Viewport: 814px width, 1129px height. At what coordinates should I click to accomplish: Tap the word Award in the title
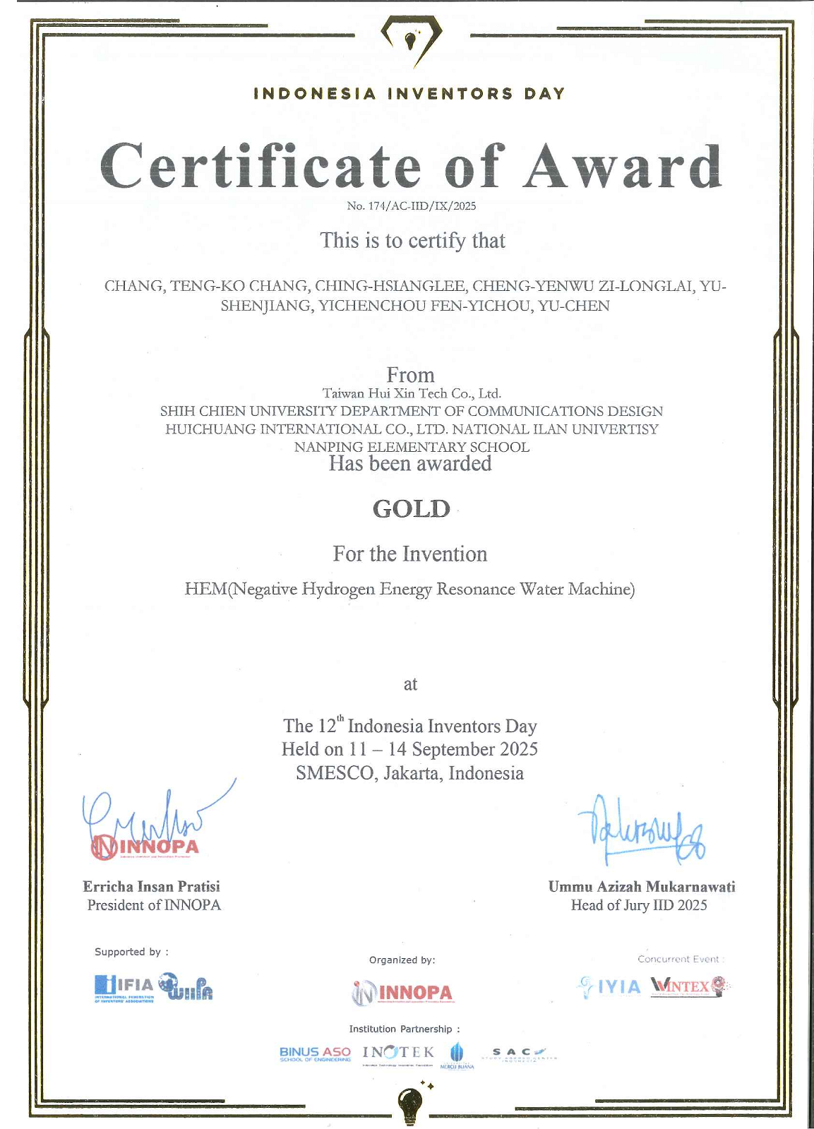(622, 167)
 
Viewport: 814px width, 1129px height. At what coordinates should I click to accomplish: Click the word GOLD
(411, 508)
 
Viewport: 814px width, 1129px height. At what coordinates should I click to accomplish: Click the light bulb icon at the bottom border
(410, 1101)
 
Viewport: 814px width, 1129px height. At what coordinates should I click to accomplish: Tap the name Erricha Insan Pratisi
(151, 886)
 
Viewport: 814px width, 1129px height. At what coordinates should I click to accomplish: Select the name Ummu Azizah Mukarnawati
(642, 886)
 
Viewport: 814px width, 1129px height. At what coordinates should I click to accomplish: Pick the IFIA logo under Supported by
(124, 987)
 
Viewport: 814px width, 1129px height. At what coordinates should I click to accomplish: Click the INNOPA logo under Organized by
(403, 993)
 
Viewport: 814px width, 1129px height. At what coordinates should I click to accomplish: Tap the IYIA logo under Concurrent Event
(610, 986)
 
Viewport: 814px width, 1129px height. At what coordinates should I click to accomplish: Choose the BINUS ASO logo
(315, 1053)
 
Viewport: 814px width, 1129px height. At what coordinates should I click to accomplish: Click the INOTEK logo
(398, 1053)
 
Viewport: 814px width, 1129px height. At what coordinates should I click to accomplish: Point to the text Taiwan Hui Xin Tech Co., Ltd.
(412, 393)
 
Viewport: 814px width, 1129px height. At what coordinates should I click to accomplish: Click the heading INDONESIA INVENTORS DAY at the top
(409, 93)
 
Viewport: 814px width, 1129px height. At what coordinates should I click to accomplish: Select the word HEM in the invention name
(205, 589)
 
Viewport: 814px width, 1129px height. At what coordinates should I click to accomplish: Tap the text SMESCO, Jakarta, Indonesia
(409, 773)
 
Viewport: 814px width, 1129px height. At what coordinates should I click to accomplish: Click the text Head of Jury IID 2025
(639, 905)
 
